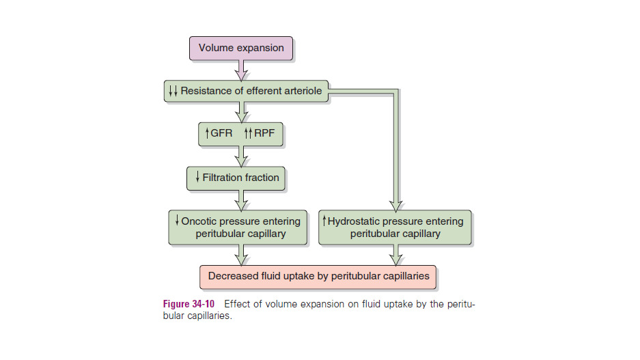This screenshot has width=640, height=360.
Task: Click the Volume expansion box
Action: pyautogui.click(x=241, y=49)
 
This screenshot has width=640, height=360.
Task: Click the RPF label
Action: pyautogui.click(x=263, y=134)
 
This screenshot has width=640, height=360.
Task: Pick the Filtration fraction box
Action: pyautogui.click(x=236, y=178)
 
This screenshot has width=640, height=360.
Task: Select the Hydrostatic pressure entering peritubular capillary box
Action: pyautogui.click(x=395, y=227)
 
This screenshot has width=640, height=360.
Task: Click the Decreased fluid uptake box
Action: pyautogui.click(x=318, y=277)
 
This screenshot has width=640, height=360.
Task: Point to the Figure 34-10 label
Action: pyautogui.click(x=191, y=304)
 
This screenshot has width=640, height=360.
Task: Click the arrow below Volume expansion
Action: pyautogui.click(x=241, y=70)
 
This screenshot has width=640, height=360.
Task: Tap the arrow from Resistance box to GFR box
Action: pyautogui.click(x=241, y=112)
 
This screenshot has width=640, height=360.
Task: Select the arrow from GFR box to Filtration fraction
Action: pyautogui.click(x=241, y=156)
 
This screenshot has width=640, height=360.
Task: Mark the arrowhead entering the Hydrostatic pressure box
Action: pyautogui.click(x=395, y=203)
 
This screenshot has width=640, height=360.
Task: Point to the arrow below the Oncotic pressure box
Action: pyautogui.click(x=241, y=255)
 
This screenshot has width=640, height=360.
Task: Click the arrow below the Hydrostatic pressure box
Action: pyautogui.click(x=395, y=255)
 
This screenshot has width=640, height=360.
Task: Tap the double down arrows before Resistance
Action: pyautogui.click(x=172, y=91)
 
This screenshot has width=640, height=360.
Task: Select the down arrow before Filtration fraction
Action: pyautogui.click(x=197, y=178)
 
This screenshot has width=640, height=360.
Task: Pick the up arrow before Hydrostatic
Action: pyautogui.click(x=324, y=221)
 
